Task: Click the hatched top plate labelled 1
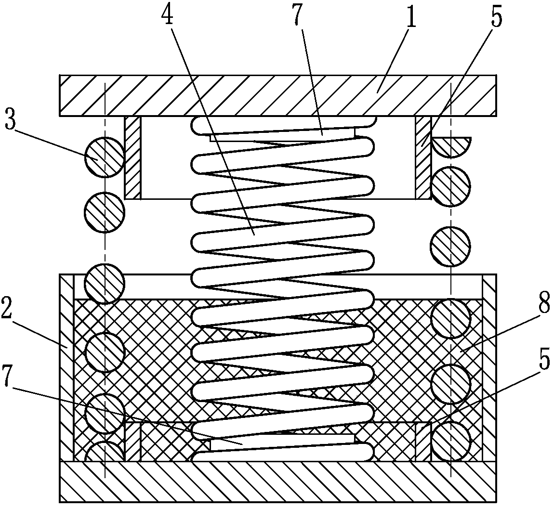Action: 277,95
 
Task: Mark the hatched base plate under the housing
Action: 277,482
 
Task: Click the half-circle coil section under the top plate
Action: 451,145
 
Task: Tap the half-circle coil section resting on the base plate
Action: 105,452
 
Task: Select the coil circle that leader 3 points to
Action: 105,157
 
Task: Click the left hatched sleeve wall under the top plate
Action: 132,157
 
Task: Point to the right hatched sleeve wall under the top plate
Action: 423,157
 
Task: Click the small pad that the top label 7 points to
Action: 282,136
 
